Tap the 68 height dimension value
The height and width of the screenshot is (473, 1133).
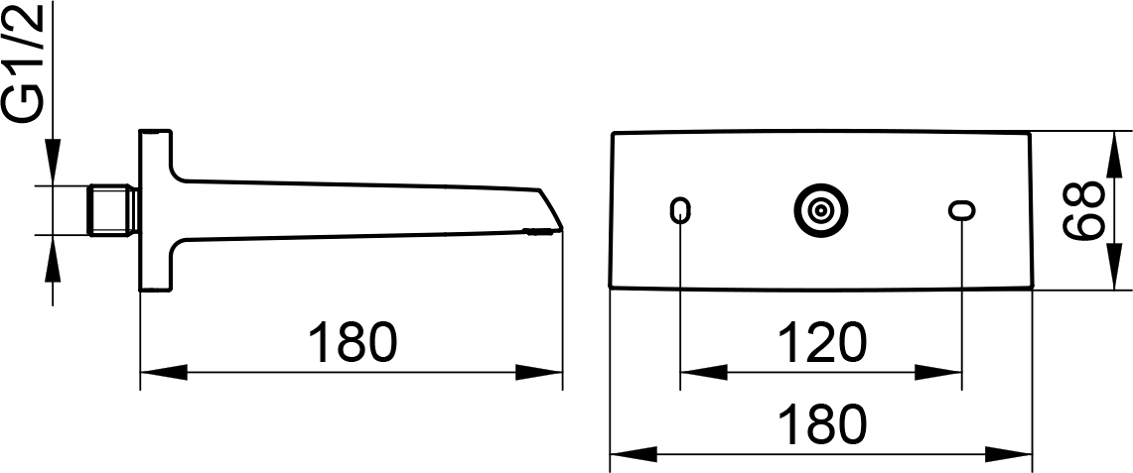pos(1082,210)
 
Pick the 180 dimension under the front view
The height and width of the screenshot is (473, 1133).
pos(821,423)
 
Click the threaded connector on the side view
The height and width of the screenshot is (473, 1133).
pos(114,210)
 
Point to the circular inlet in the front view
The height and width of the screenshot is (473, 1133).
pos(820,210)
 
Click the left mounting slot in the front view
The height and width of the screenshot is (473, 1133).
pos(680,210)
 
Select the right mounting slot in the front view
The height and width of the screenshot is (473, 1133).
pos(962,210)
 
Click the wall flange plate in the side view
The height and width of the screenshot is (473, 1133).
pos(155,210)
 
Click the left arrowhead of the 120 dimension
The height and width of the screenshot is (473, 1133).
pos(704,373)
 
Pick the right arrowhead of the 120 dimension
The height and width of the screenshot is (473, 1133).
pos(938,373)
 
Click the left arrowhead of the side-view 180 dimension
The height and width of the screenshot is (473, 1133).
pos(163,373)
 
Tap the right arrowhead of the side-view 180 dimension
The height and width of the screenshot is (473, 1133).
pos(539,373)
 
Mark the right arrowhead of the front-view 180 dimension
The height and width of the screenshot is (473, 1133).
pos(1007,455)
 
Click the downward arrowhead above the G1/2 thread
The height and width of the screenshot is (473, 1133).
pos(54,163)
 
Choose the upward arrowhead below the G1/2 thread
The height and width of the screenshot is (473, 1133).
pos(54,258)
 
